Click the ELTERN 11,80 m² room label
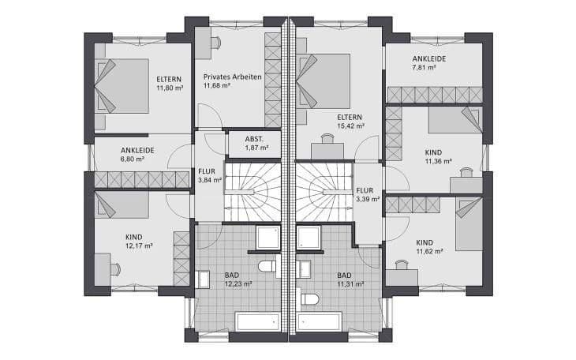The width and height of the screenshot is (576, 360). pyautogui.click(x=169, y=84)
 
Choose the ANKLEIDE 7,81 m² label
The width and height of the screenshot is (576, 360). pyautogui.click(x=428, y=63)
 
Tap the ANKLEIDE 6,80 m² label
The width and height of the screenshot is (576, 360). pyautogui.click(x=137, y=153)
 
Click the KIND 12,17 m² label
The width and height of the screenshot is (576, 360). pyautogui.click(x=138, y=241)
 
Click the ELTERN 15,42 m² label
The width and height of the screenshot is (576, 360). pyautogui.click(x=350, y=120)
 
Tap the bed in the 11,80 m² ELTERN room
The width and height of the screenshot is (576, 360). pyautogui.click(x=122, y=85)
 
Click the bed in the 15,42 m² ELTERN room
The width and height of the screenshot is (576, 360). pyautogui.click(x=324, y=80)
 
